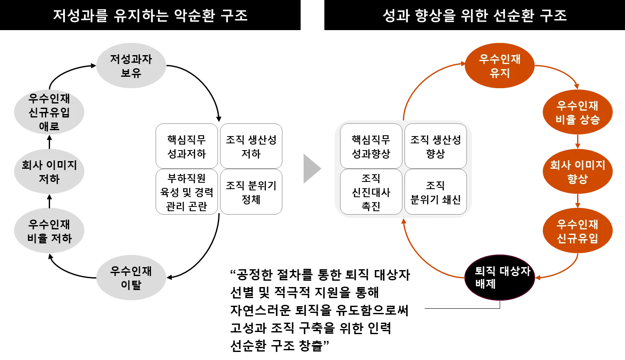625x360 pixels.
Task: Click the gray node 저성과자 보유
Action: [x=131, y=65]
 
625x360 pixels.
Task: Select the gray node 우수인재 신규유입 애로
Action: [x=49, y=112]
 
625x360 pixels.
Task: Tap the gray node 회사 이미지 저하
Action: [x=49, y=171]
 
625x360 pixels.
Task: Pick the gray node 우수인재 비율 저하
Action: [x=49, y=231]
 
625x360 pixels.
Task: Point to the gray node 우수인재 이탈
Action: [x=131, y=278]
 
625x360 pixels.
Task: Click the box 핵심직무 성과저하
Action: [x=187, y=146]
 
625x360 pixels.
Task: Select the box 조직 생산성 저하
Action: [x=251, y=146]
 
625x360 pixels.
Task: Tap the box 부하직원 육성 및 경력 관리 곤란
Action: [x=187, y=192]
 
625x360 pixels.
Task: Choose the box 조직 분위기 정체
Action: [x=251, y=192]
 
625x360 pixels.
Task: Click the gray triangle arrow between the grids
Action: [x=311, y=170]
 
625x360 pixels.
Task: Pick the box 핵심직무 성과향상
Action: [x=371, y=146]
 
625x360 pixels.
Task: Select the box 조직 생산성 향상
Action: [x=435, y=146]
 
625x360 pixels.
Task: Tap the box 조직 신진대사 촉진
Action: [x=371, y=192]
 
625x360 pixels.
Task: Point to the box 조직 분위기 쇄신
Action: [x=435, y=192]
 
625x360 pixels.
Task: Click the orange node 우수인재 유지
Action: [x=499, y=65]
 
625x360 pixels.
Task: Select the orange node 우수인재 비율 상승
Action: [x=578, y=112]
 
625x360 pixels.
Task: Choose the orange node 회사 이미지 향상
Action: [x=578, y=171]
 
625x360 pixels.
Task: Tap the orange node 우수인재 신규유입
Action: [x=578, y=231]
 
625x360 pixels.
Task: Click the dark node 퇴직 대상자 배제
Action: [x=499, y=277]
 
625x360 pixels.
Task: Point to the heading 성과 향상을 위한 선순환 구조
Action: [x=474, y=16]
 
